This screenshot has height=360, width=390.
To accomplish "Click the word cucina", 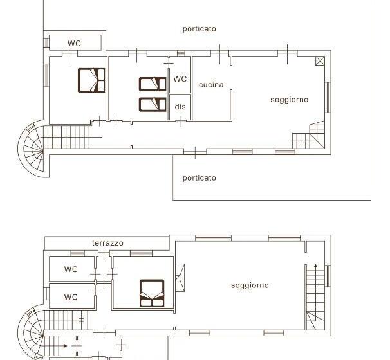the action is pos(211,85).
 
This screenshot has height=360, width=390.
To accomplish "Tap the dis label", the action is pos(180,107).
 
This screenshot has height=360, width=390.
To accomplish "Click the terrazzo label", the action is pos(107,243).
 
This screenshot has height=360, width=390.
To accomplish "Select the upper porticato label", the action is pos(200,29).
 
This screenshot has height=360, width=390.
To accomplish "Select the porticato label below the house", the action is pos(200,178).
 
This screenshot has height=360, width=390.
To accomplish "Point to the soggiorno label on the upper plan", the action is pos(290,100).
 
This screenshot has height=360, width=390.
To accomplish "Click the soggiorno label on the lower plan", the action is pos(250,285).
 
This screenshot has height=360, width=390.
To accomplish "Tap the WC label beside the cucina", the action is pos(180,79).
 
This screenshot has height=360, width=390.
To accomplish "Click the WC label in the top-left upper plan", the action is pos(74,44).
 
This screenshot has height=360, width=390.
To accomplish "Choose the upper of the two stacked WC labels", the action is pos(71,269).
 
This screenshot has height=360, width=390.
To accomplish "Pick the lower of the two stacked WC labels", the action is pos(71,297).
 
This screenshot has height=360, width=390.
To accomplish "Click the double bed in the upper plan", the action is pos(91,80).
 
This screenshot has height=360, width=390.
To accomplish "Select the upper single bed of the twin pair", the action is pos(153,84).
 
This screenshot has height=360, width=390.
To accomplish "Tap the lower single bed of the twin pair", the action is pos(153,105).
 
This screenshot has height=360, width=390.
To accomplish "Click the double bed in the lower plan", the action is pos(152,293).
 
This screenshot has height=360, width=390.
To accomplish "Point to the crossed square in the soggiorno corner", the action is pos(320,61).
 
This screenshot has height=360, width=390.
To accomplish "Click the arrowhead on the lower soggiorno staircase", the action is pos(315,266).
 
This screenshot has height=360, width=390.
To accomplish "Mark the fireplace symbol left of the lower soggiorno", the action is pos(180,278).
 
